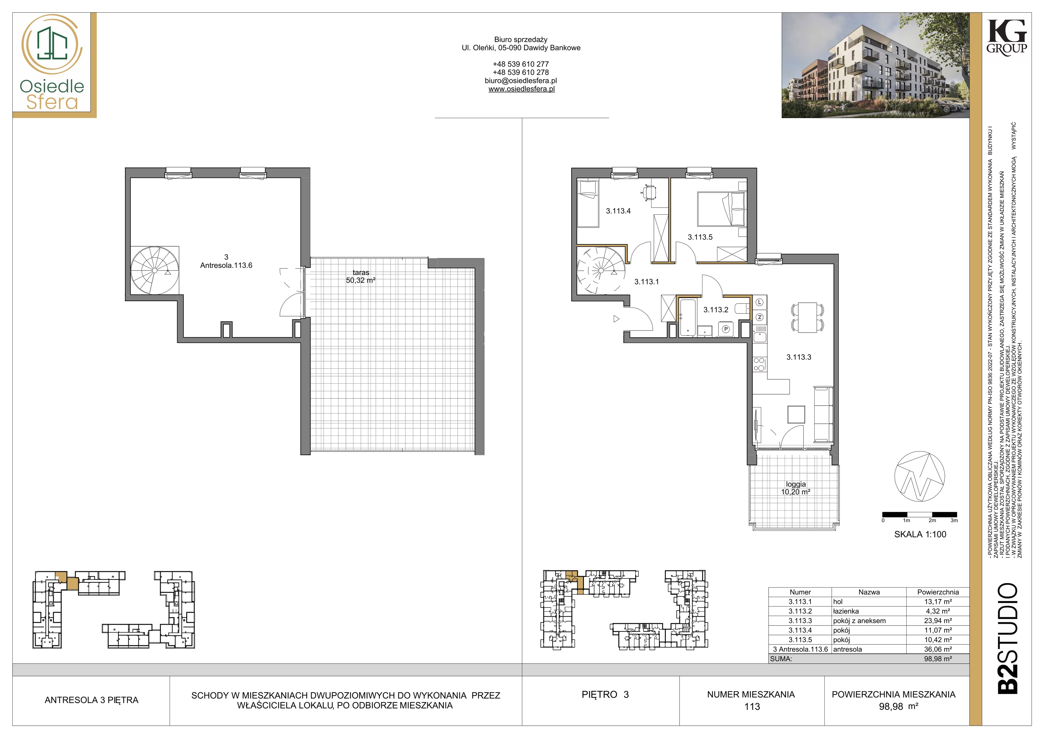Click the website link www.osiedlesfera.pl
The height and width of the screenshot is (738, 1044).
(x=522, y=89)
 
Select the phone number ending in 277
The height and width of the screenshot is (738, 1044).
(x=521, y=64)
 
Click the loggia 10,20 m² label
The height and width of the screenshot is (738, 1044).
(x=796, y=488)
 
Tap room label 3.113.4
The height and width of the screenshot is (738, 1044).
(x=618, y=211)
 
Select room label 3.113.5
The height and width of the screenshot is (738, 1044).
(x=700, y=237)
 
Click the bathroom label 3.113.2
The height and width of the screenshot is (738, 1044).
(x=716, y=310)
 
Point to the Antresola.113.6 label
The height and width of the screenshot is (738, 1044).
(x=226, y=265)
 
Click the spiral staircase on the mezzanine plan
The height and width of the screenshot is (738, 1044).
(x=155, y=270)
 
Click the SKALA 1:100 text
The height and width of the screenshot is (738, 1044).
(x=920, y=534)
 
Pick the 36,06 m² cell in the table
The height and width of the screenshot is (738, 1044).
(x=938, y=649)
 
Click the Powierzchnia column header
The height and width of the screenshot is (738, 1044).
(x=938, y=592)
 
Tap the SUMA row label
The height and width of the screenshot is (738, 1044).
(x=781, y=658)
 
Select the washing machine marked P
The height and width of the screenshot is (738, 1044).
(x=726, y=329)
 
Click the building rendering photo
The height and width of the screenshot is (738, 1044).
(x=875, y=65)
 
